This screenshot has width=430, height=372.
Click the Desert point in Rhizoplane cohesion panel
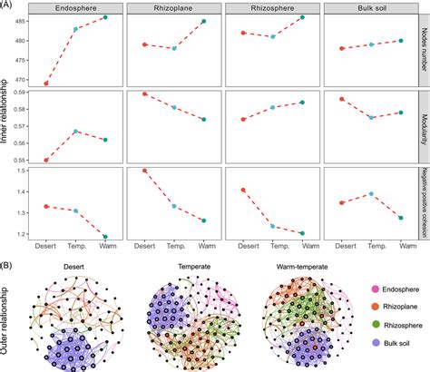coord(145,171)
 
